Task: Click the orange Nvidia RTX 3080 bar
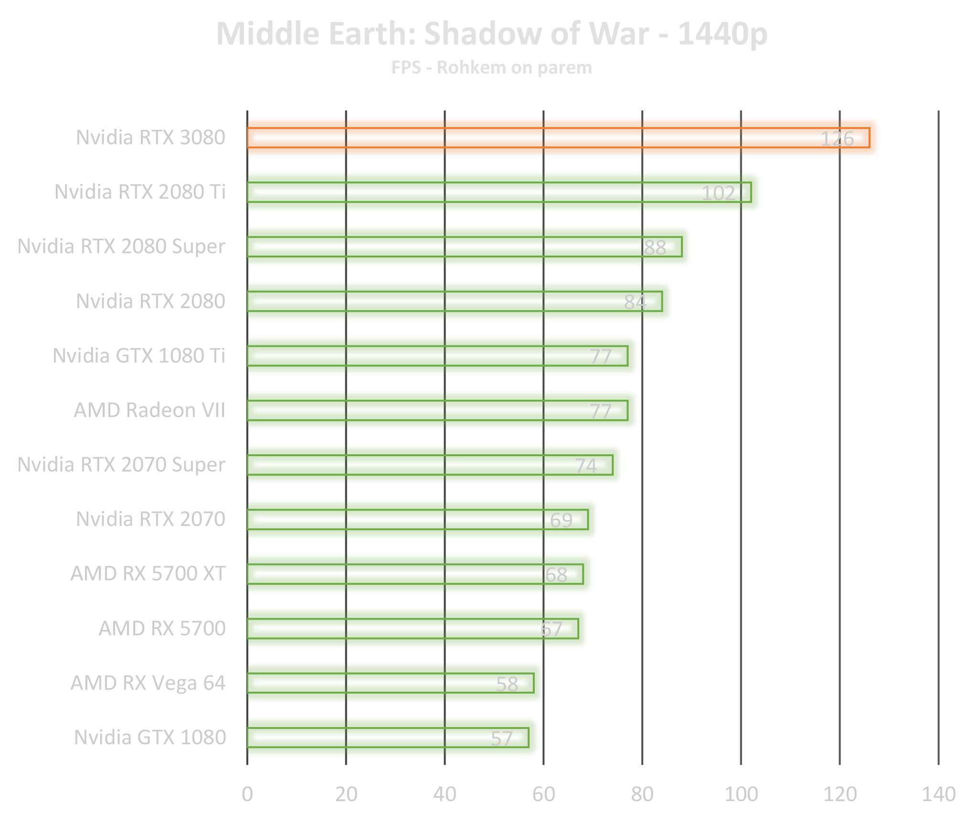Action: [x=525, y=138]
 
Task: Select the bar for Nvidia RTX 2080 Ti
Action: [x=478, y=192]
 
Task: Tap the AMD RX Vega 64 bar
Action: [x=382, y=683]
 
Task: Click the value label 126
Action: [x=837, y=139]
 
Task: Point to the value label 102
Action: [x=718, y=193]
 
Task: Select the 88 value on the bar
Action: [x=655, y=247]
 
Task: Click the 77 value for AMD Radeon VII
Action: [x=600, y=411]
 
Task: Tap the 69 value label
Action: [x=561, y=520]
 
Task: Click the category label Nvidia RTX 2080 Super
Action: [x=122, y=246]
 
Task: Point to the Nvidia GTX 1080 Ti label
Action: [x=139, y=356]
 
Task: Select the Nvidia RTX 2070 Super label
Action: [x=122, y=465]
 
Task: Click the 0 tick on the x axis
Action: [x=247, y=794]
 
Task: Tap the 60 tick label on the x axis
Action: [x=543, y=794]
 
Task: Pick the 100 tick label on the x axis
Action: [x=741, y=794]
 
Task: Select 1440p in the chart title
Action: [x=722, y=34]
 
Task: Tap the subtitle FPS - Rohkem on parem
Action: [x=491, y=68]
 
